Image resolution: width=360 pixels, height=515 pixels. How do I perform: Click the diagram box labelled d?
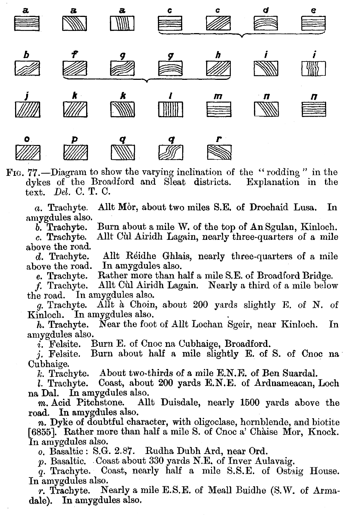266,24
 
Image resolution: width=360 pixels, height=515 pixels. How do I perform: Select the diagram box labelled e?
314,24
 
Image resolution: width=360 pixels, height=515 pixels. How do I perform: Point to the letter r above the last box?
219,140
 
